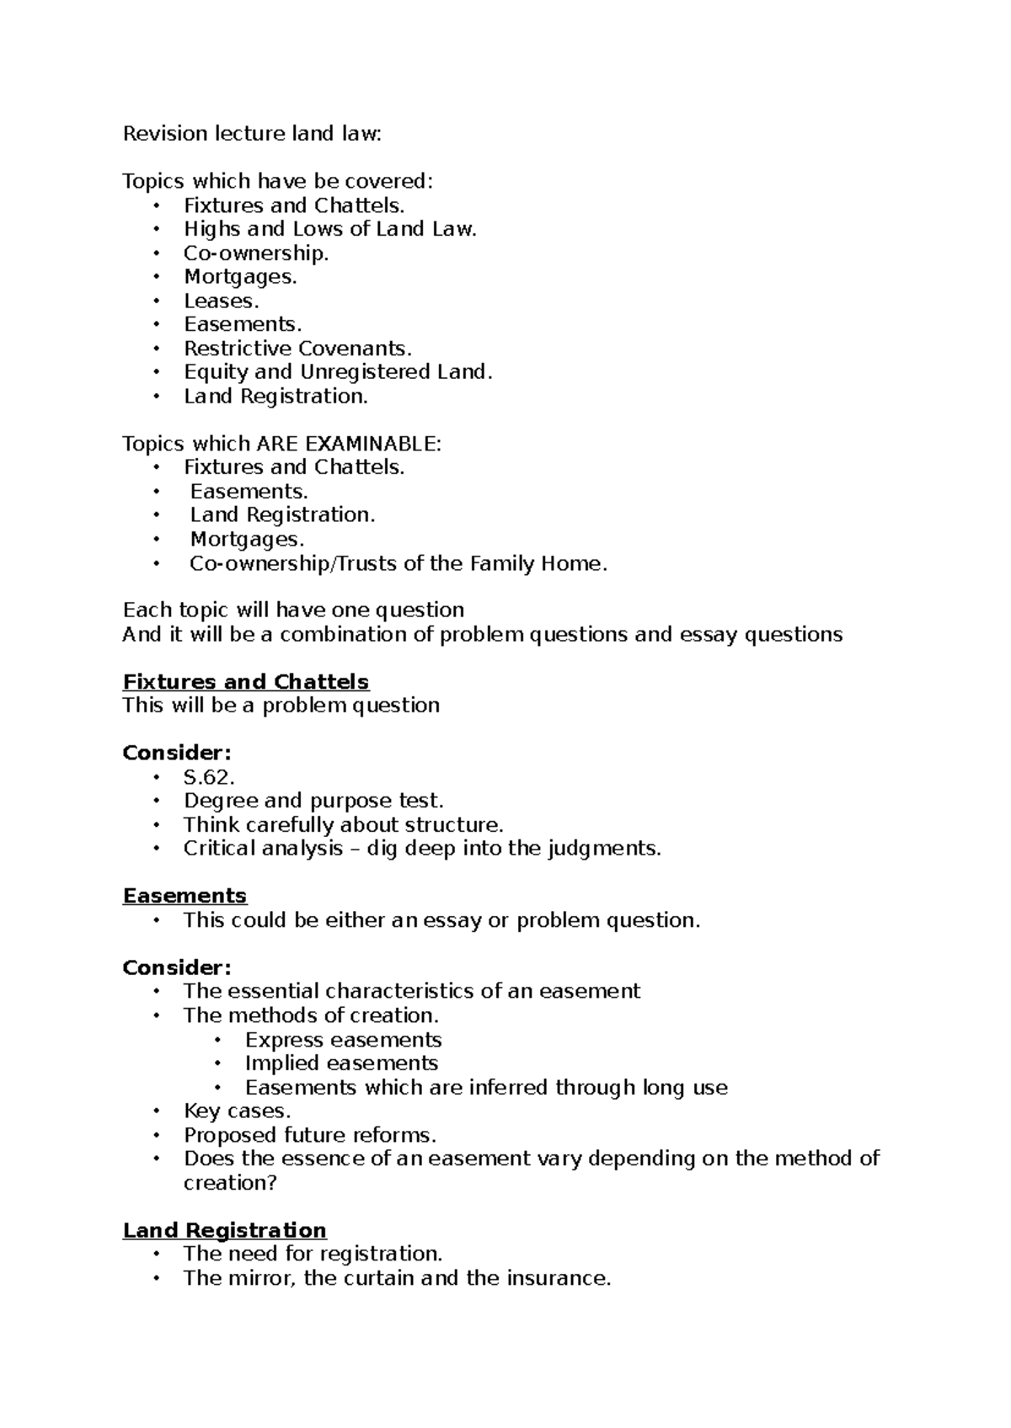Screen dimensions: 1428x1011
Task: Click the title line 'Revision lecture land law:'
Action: [x=252, y=134]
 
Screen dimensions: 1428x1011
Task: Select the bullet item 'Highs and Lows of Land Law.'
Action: [x=330, y=229]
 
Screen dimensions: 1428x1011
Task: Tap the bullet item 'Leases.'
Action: [x=222, y=301]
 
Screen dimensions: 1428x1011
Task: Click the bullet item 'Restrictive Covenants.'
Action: [x=298, y=349]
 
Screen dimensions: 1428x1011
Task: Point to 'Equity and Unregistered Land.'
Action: [x=338, y=372]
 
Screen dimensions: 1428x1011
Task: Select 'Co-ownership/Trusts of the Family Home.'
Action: [x=399, y=563]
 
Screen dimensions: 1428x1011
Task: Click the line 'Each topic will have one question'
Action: [x=293, y=610]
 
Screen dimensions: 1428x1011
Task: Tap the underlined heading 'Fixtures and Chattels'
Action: [x=246, y=682]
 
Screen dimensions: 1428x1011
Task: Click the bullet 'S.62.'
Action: [x=209, y=777]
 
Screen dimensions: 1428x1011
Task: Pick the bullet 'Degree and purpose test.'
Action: [x=313, y=801]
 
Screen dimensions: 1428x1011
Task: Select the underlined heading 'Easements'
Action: [x=185, y=896]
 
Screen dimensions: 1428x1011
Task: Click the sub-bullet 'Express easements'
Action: [x=343, y=1040]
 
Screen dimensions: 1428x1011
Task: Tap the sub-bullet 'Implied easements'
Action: [x=341, y=1063]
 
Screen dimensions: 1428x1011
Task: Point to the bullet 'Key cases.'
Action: [x=237, y=1111]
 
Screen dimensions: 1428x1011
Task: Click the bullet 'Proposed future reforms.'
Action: [x=310, y=1135]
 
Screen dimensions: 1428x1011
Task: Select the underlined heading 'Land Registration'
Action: [x=224, y=1230]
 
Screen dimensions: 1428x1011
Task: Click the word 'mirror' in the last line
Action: [x=260, y=1278]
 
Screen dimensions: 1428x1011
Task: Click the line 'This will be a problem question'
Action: [x=281, y=706]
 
